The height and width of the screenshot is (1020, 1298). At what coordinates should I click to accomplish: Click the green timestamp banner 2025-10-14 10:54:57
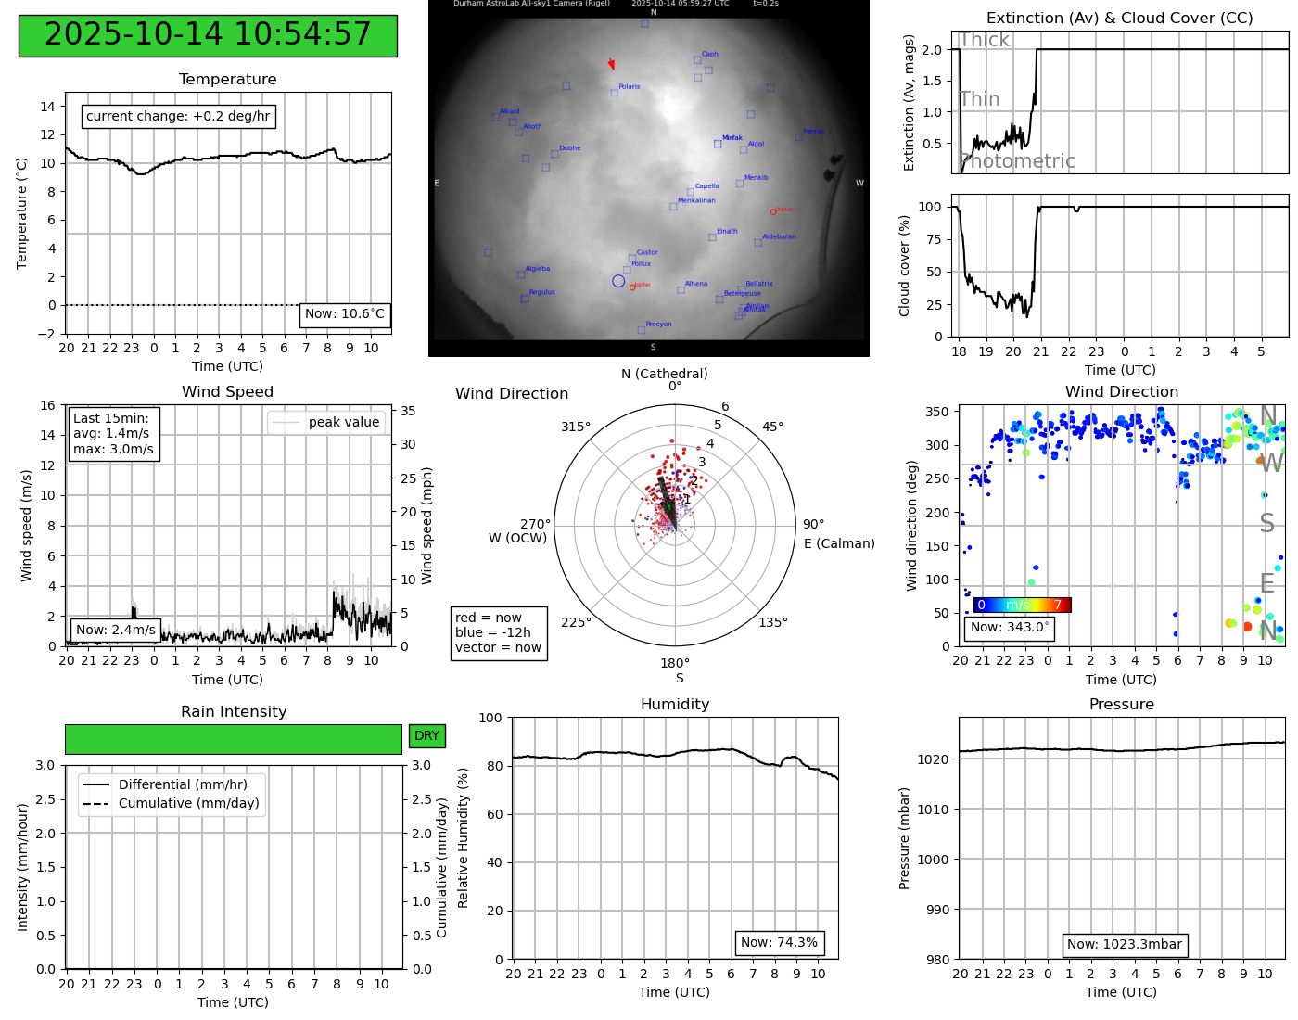tap(208, 35)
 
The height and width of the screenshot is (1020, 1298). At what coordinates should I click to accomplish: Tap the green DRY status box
tap(426, 736)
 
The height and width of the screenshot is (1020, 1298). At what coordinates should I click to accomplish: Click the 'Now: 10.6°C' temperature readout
tap(345, 314)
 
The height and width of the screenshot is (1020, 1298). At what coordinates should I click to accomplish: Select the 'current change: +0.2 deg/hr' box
tap(178, 116)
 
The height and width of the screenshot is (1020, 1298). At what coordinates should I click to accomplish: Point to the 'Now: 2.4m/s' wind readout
tap(116, 630)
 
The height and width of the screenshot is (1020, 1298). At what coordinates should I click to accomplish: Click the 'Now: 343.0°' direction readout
tap(1010, 628)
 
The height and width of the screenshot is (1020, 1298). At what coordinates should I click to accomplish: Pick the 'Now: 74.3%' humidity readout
tap(779, 943)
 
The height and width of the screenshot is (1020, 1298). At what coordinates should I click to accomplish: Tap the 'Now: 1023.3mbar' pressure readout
tap(1125, 945)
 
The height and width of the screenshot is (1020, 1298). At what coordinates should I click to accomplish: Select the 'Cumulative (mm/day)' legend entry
tap(188, 803)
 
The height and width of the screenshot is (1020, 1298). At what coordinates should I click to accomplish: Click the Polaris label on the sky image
tap(630, 87)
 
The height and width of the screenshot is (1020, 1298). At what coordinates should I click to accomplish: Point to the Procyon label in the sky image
tap(658, 325)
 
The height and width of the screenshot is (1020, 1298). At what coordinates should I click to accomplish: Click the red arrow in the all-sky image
tap(611, 64)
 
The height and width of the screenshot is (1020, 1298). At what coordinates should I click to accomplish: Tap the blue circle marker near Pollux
tap(618, 281)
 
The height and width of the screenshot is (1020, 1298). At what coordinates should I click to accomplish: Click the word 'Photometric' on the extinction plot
tap(1017, 161)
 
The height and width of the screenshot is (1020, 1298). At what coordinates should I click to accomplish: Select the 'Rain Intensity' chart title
tap(234, 712)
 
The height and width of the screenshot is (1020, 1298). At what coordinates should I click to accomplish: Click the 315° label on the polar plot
tap(575, 427)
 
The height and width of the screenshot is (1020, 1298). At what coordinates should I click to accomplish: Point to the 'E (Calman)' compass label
tap(839, 543)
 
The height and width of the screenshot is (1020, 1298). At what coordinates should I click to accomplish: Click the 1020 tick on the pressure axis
tap(933, 759)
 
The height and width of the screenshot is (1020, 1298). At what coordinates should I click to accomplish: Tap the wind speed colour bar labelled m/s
tap(1022, 606)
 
